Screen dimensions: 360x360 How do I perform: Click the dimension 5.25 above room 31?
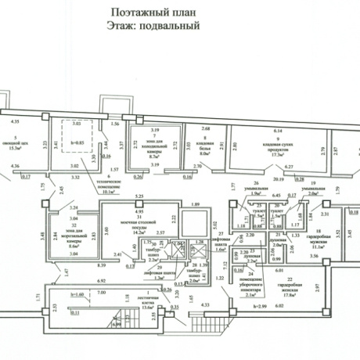(139, 197)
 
